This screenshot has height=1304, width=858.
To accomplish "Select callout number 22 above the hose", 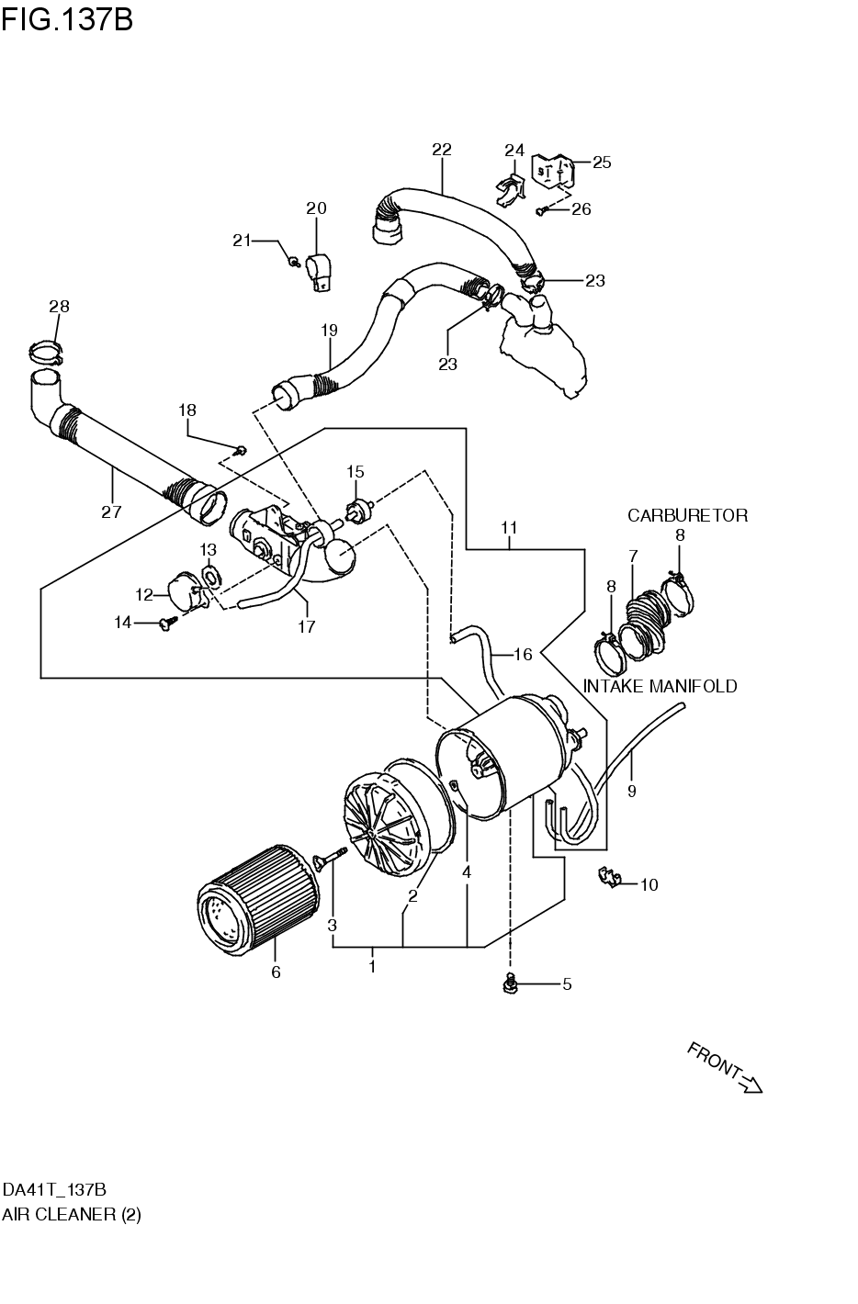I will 442,150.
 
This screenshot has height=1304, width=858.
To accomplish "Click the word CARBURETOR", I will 687,515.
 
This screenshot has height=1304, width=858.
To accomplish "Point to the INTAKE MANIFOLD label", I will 660,686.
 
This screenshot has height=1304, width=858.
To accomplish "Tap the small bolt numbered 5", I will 509,984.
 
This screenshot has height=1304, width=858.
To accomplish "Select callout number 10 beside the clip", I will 649,885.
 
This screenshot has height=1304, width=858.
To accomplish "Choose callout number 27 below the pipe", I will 111,512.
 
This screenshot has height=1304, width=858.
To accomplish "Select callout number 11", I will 510,528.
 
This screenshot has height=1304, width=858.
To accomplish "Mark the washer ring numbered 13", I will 210,577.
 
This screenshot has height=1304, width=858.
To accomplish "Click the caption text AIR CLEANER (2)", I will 72,1214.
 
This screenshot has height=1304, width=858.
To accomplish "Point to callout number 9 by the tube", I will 631,790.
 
